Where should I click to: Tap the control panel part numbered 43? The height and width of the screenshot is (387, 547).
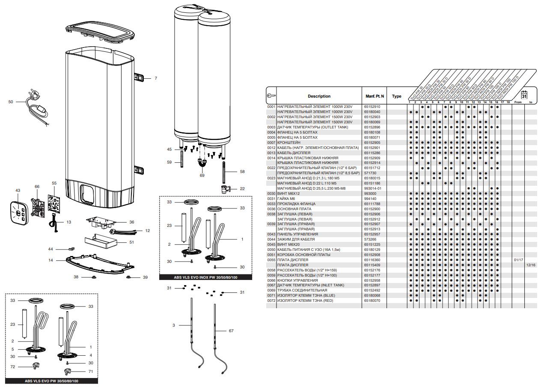tap(18, 212)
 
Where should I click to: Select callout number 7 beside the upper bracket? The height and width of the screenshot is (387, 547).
tap(156, 78)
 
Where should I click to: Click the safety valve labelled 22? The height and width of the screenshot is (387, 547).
tap(224, 188)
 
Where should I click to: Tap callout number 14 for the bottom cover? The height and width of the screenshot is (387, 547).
tap(51, 260)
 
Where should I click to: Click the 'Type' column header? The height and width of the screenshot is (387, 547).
tap(397, 96)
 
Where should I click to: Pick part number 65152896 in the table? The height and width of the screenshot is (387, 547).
tap(372, 127)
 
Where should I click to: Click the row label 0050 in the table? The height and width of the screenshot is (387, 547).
tap(271, 250)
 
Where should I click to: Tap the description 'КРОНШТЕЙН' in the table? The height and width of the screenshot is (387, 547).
tap(289, 143)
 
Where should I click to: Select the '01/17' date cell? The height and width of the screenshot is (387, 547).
tap(518, 260)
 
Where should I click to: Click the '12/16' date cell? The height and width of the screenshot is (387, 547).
tap(531, 265)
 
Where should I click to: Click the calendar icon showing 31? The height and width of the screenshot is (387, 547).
tap(523, 95)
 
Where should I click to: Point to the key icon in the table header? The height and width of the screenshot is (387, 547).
tap(271, 96)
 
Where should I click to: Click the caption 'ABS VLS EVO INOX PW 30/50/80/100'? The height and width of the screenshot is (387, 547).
tap(205, 277)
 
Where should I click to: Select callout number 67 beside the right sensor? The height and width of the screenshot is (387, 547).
tap(231, 331)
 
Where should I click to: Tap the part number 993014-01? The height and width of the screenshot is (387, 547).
tap(373, 188)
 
